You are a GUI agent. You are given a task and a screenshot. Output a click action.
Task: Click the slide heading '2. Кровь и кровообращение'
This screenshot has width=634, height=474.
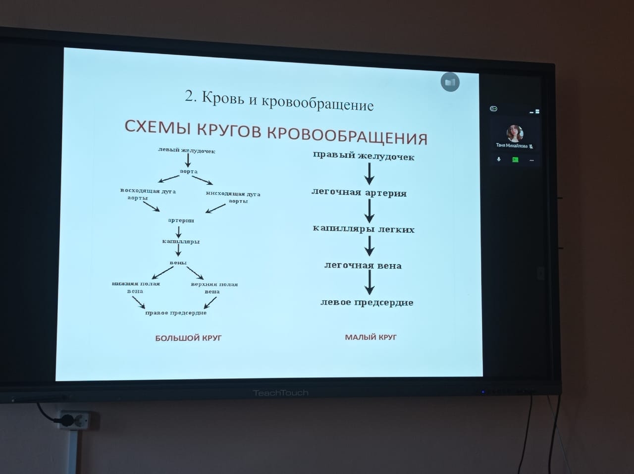[279, 101]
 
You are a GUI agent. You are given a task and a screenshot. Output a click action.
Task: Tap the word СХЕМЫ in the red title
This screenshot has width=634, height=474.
[158, 127]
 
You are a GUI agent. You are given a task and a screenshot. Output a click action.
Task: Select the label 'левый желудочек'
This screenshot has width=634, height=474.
[187, 151]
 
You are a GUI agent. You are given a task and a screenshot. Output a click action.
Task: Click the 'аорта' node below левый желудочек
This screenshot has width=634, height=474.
[189, 171]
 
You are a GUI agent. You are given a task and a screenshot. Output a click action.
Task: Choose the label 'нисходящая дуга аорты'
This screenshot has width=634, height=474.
[233, 197]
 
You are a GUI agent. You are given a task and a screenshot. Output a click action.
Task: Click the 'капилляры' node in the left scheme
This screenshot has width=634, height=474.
[181, 241]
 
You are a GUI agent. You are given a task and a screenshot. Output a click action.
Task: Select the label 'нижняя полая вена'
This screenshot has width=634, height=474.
[136, 287]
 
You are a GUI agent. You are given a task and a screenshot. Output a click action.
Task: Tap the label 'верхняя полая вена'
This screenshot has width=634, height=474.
[214, 288]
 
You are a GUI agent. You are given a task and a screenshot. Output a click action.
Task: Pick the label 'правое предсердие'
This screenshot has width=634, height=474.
[176, 313]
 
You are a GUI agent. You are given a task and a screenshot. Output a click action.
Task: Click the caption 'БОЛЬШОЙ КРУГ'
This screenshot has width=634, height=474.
[188, 338]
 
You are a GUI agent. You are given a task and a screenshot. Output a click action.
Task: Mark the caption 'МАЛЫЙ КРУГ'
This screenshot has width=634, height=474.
[371, 337]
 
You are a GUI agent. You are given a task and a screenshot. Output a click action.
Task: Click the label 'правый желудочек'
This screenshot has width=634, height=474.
[364, 156]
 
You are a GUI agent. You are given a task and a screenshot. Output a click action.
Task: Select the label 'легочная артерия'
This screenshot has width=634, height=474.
[359, 193]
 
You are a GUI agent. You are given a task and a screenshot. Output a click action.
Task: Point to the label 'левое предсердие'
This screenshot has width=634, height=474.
[367, 303]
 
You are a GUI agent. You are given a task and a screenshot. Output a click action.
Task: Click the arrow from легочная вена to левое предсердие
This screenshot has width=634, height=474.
[370, 282]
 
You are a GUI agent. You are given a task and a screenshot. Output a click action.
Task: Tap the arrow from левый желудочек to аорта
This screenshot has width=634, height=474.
[188, 160]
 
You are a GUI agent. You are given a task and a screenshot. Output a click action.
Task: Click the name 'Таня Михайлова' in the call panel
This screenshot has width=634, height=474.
[512, 146]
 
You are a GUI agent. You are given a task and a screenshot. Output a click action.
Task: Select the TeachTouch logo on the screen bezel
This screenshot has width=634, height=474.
[281, 393]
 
